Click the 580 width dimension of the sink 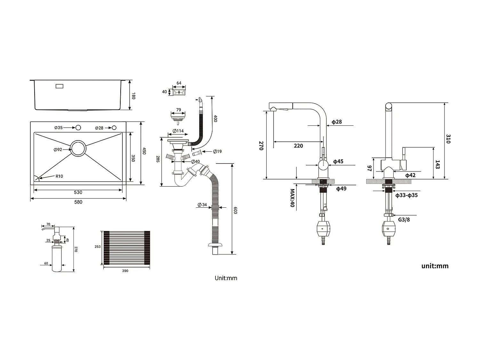(x=78, y=202)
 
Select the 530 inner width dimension (x=78, y=192)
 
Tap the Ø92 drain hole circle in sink (x=78, y=148)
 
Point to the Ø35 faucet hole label (x=59, y=128)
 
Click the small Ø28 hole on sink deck (x=114, y=128)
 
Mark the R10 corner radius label (x=59, y=176)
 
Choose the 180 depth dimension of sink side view (x=134, y=95)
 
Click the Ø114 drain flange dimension (x=178, y=131)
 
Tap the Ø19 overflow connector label (x=217, y=151)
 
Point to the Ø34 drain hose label (x=202, y=205)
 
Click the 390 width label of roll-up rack (x=125, y=271)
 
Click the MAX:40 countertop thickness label (x=292, y=198)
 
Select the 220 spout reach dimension (x=298, y=146)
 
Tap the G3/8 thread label (x=404, y=220)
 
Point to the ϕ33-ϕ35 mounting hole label (x=406, y=195)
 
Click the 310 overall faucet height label (x=448, y=139)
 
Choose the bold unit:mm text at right (x=435, y=266)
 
